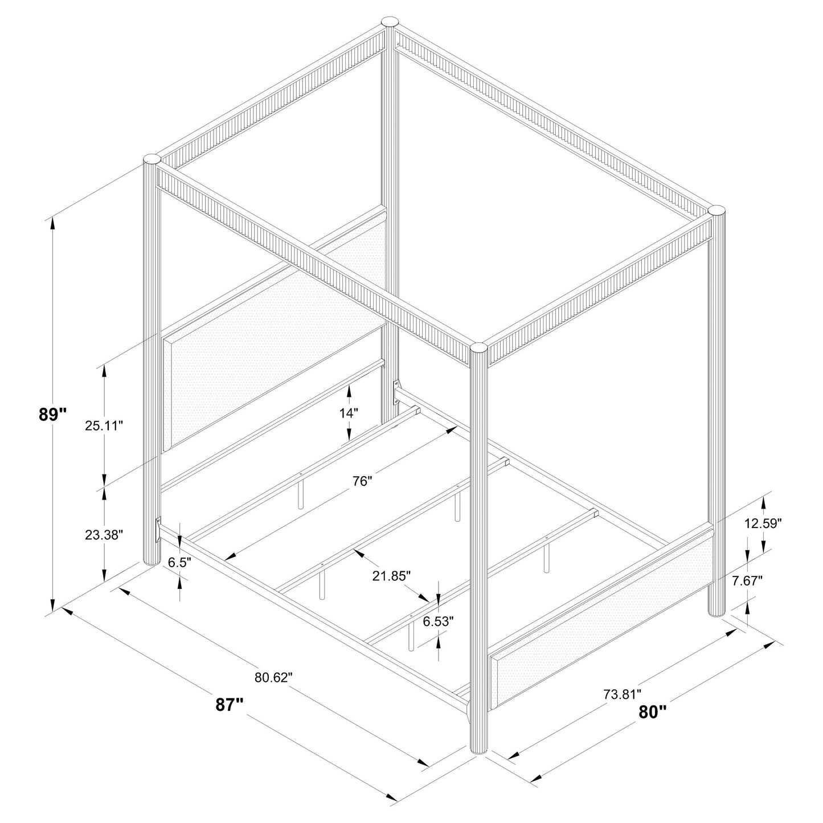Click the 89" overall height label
point(53,415)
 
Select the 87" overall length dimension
point(230,705)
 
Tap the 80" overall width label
point(652,711)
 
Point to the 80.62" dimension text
point(273,678)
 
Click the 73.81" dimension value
point(622,694)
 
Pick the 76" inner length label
point(362,481)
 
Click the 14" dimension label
point(349,413)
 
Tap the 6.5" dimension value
point(179,562)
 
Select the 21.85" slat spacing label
point(392,576)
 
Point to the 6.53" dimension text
point(438,621)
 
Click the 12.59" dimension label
point(763,523)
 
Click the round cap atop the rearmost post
point(390,22)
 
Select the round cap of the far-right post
point(718,210)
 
